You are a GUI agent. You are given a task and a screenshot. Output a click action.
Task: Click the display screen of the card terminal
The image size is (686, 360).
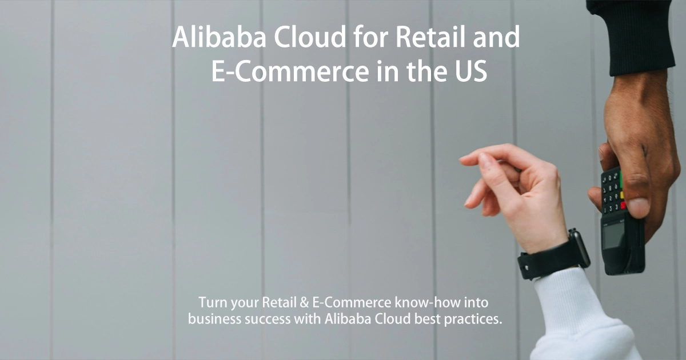coord(613,235)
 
